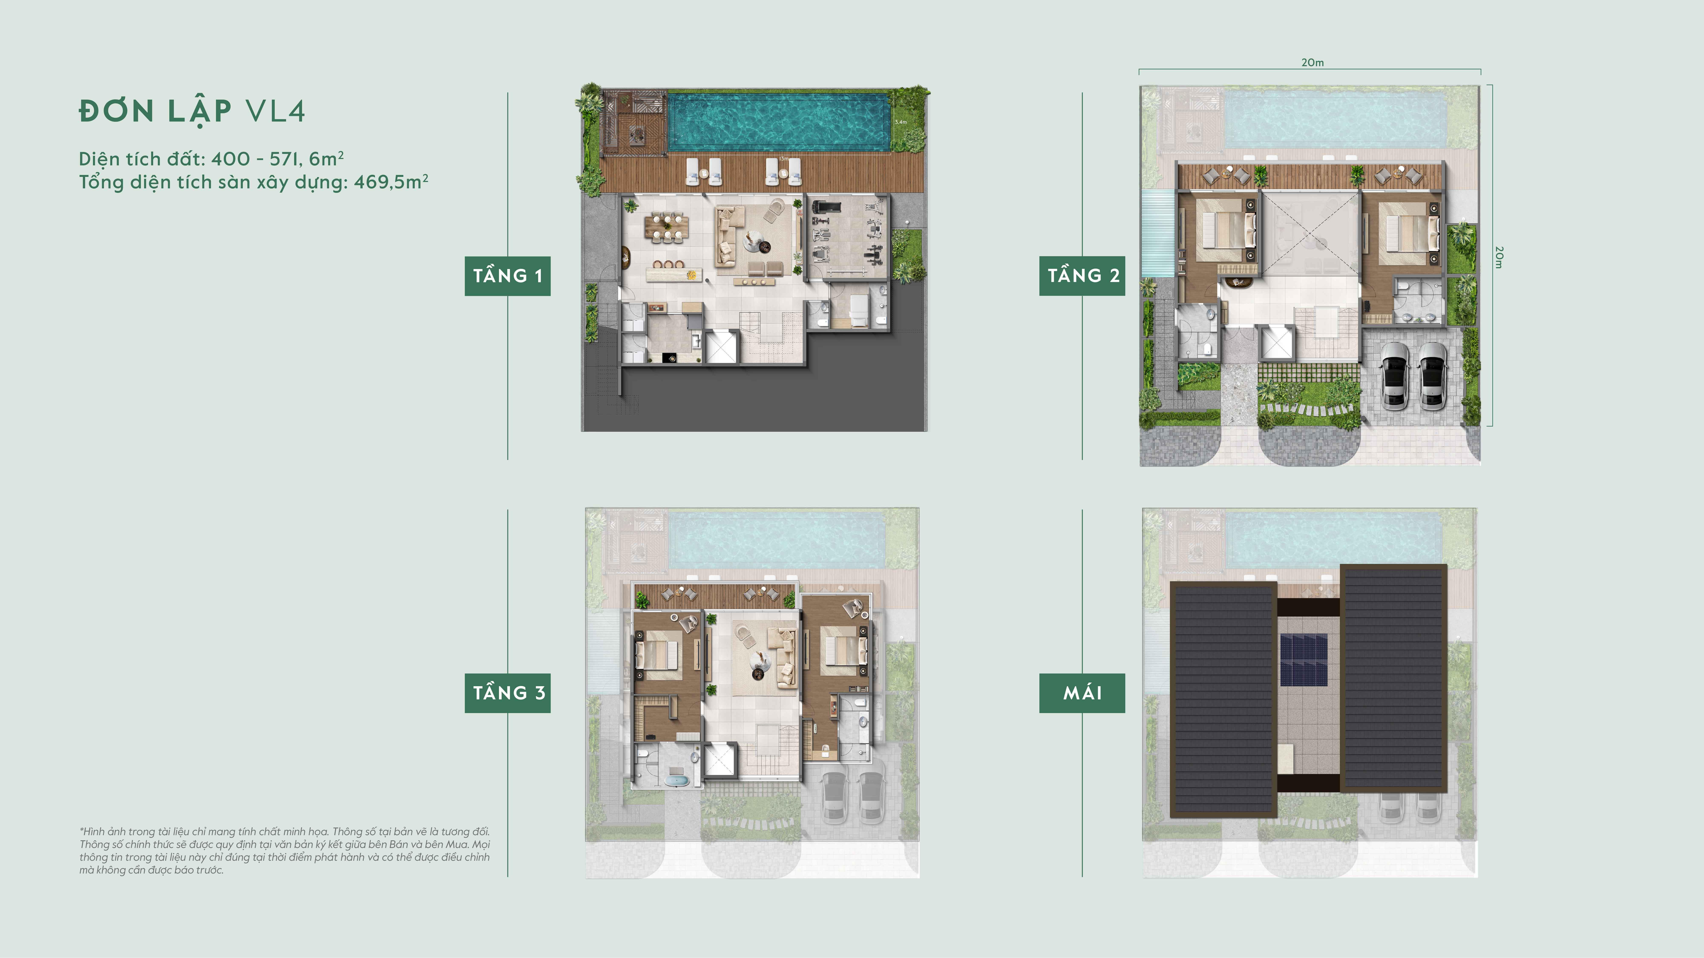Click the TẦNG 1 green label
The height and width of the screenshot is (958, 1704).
pyautogui.click(x=507, y=276)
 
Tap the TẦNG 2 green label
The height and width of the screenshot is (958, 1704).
pyautogui.click(x=1082, y=276)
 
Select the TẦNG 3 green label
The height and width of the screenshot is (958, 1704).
pyautogui.click(x=507, y=693)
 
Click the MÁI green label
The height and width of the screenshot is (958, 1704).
pyautogui.click(x=1082, y=693)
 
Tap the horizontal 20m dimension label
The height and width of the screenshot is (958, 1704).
pyautogui.click(x=1312, y=63)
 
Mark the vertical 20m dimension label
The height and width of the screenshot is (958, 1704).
pyautogui.click(x=1499, y=257)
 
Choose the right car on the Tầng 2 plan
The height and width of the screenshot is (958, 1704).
pyautogui.click(x=1433, y=375)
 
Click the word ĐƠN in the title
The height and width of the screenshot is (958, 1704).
pyautogui.click(x=117, y=111)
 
